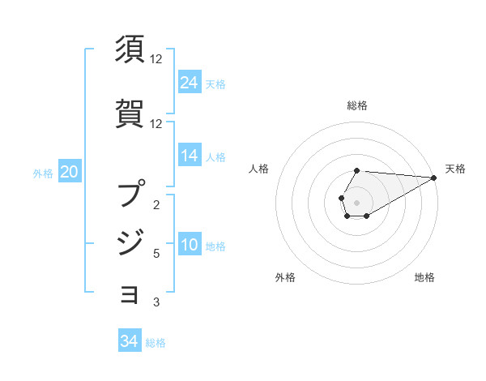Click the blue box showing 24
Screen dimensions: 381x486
click(x=190, y=83)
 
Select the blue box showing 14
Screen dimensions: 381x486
click(x=190, y=156)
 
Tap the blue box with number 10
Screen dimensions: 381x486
click(x=190, y=246)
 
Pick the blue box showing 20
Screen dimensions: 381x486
click(x=70, y=172)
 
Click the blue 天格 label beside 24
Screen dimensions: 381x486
click(x=215, y=84)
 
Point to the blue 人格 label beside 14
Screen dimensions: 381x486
click(x=215, y=157)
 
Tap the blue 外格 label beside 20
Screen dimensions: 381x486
click(x=43, y=173)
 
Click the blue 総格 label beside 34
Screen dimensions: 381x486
click(x=156, y=343)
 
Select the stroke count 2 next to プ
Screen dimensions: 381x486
click(x=156, y=205)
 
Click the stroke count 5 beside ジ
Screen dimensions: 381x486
click(x=156, y=254)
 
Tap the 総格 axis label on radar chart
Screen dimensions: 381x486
click(x=357, y=105)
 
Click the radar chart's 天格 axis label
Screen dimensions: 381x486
click(x=456, y=169)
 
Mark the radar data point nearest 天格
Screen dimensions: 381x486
click(x=434, y=178)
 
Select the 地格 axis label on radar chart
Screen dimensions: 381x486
click(x=424, y=278)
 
